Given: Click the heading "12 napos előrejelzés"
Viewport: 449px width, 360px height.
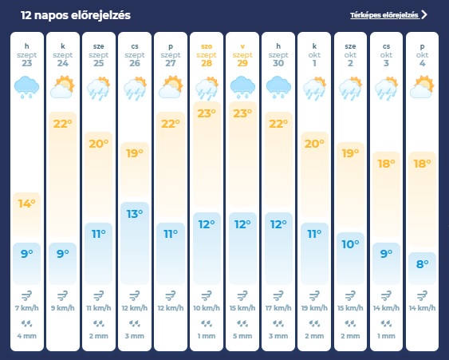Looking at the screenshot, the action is tap(76, 15).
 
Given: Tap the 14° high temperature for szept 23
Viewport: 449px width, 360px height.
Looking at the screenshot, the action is tap(27, 204).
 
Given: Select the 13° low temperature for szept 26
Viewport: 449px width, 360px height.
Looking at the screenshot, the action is tap(135, 214).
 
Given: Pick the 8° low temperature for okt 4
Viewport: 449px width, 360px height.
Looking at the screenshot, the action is tap(423, 263).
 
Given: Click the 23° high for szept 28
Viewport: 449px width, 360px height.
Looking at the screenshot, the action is tap(207, 113).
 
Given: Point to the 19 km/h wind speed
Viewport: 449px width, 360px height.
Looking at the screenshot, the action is tap(314, 308).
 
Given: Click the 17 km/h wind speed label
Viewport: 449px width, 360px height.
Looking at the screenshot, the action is tap(278, 308).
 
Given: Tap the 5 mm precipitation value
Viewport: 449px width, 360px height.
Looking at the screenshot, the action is tap(242, 336).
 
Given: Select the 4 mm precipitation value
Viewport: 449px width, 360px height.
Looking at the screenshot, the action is tap(27, 336).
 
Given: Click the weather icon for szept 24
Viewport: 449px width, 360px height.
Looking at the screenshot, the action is tap(63, 87).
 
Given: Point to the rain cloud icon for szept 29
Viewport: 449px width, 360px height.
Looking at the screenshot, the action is tap(242, 87).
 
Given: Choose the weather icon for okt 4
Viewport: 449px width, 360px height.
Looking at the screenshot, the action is tap(423, 87).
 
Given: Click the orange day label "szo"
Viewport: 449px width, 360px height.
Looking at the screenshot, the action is tap(207, 46).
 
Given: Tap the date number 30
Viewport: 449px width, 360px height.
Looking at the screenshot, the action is tap(278, 63).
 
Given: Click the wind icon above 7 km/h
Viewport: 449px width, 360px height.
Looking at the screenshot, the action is tap(27, 295).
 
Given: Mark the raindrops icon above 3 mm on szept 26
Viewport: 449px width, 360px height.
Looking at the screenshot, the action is tap(135, 323).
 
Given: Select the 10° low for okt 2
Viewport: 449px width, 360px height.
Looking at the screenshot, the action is tap(350, 244).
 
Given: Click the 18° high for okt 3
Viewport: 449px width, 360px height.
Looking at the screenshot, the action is tap(386, 164).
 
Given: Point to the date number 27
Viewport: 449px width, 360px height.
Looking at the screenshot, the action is tap(171, 63).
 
